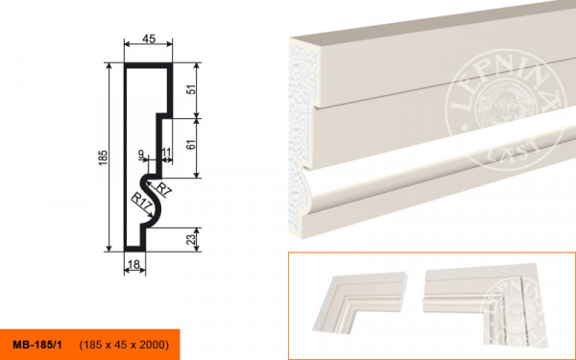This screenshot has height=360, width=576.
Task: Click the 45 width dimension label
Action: pos(149,38)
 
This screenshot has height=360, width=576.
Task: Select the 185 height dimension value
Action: pos(104,157)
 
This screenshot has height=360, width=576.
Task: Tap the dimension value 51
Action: pos(191,90)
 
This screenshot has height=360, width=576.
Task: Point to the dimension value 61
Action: pos(191,143)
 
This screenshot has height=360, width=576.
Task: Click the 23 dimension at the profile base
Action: pos(191,239)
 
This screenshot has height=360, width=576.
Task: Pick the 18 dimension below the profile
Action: pos(134,265)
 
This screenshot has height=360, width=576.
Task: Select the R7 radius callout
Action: pos(163,189)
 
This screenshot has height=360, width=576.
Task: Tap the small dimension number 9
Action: pos(141,154)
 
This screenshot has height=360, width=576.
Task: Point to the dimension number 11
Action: pos(166,152)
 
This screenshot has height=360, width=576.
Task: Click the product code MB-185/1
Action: pos(37,345)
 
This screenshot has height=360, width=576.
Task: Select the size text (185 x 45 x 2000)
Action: pos(124,345)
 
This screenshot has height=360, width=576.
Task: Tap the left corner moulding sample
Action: pos(359,301)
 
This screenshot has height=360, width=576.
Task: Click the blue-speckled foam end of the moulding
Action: pos(301,136)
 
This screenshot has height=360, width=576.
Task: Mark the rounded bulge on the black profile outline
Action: pos(152,201)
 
